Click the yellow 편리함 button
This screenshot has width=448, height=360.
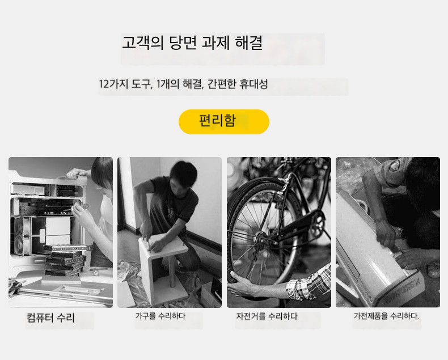click(x=223, y=122)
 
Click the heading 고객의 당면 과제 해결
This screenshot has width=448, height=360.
click(x=192, y=43)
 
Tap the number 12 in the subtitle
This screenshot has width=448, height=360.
click(x=103, y=84)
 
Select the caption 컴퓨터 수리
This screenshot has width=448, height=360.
click(x=50, y=317)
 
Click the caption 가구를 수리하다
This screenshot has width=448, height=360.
click(x=160, y=316)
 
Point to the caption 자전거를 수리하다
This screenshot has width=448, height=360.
click(x=267, y=316)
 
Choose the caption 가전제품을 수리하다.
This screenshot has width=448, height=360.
click(x=386, y=316)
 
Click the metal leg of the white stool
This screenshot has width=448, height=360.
click(x=172, y=272)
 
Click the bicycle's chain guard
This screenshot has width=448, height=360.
click(x=303, y=225)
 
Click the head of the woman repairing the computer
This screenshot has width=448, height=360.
click(x=102, y=173)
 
